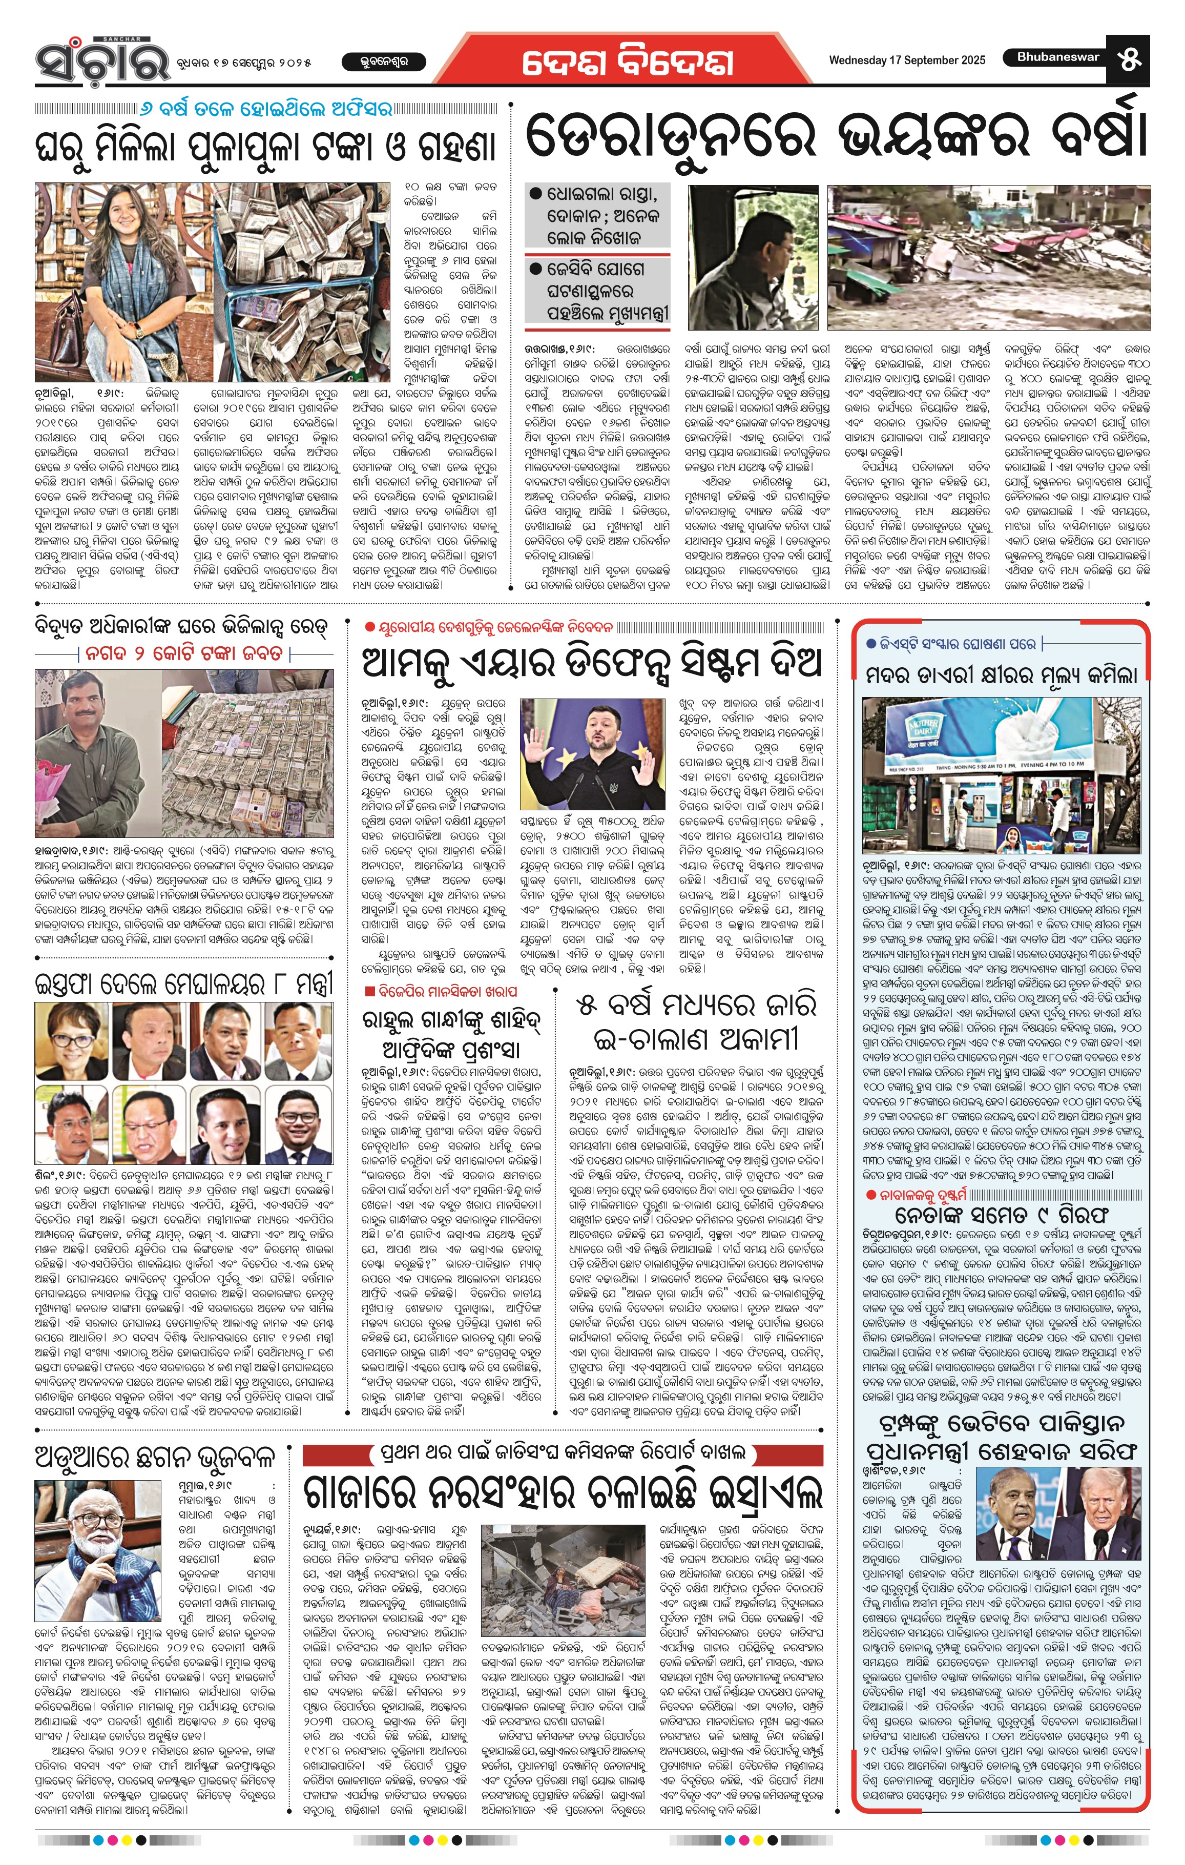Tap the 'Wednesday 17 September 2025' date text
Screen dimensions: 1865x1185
tap(907, 60)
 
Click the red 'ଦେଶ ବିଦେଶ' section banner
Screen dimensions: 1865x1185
tap(627, 62)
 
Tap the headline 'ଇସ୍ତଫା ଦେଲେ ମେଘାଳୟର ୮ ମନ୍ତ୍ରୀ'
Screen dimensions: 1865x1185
tap(184, 983)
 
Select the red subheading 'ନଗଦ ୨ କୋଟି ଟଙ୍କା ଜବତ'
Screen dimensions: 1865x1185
tap(184, 653)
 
